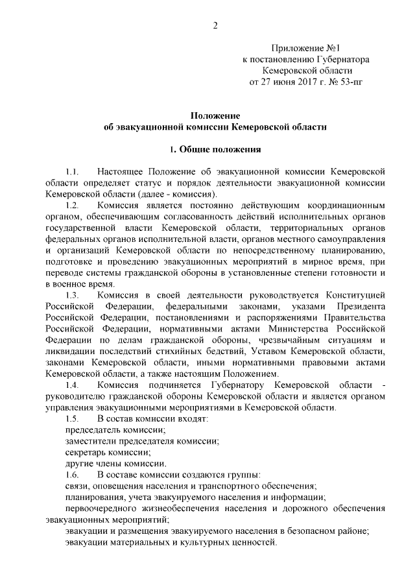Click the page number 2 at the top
point(214,25)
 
